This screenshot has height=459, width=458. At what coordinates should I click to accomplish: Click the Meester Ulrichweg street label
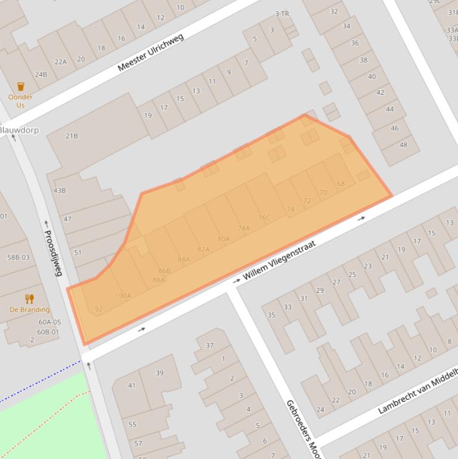click(151, 52)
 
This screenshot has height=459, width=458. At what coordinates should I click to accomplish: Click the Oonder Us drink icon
click(21, 87)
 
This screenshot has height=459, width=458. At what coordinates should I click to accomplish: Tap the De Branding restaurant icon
click(29, 299)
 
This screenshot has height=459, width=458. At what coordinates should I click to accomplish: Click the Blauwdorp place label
click(18, 130)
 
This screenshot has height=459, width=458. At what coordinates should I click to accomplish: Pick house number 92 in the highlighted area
click(99, 309)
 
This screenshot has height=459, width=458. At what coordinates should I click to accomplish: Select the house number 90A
click(125, 296)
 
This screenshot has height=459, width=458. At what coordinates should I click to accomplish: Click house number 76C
click(264, 218)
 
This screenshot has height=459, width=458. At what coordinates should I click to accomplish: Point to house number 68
click(341, 184)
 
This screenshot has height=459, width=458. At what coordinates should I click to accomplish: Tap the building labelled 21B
click(71, 136)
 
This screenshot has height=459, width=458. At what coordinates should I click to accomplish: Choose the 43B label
click(60, 191)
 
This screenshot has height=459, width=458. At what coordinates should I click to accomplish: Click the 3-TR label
click(282, 14)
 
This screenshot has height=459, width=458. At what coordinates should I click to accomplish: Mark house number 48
click(404, 144)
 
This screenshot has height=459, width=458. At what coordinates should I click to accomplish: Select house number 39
click(160, 373)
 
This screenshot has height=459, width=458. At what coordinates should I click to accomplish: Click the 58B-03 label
click(18, 258)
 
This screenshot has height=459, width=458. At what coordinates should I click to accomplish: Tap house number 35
click(271, 315)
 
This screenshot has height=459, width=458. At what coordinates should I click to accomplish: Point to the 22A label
click(61, 61)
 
